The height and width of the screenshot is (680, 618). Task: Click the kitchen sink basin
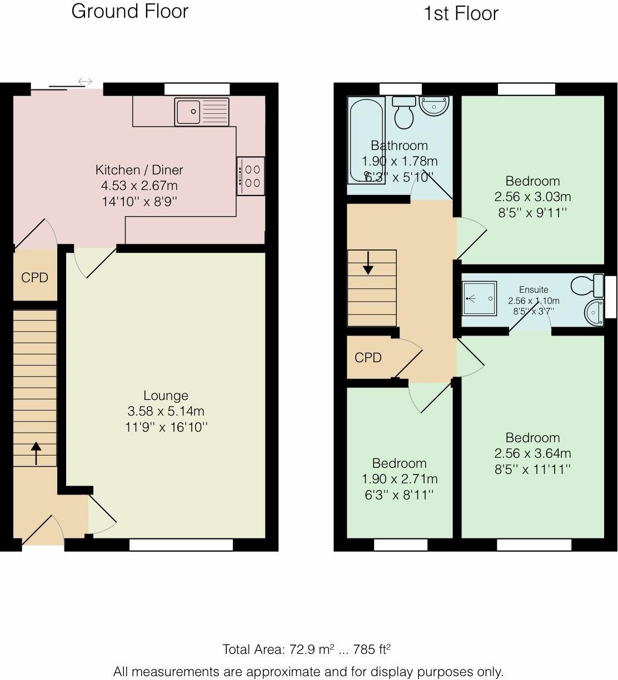coord(188,112)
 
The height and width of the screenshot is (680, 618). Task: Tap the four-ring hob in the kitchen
coord(251,176)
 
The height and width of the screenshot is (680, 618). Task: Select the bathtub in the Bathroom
coord(367,141)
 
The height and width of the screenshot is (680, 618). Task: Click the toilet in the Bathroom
coord(404,113)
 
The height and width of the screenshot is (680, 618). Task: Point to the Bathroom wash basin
coord(435,106)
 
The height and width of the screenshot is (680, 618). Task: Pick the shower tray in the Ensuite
coord(479,298)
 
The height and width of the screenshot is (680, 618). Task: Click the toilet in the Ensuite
coord(587,285)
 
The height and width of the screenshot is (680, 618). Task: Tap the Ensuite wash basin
coord(594,312)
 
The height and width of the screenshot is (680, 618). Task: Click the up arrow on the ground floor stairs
coord(36,453)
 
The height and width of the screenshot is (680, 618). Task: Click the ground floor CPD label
coord(34,278)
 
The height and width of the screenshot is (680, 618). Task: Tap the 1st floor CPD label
coord(368,358)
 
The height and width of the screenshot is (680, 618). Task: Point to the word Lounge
coord(166,395)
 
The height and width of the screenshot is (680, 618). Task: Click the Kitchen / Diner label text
coord(139,170)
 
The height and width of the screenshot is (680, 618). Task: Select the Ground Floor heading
coord(130,11)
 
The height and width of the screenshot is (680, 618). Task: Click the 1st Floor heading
coord(461,13)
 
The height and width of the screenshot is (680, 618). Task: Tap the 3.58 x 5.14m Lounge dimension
coord(166,411)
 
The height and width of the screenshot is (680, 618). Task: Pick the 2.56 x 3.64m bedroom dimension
coord(532,453)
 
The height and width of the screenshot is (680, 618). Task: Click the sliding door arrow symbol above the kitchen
coord(85,81)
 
